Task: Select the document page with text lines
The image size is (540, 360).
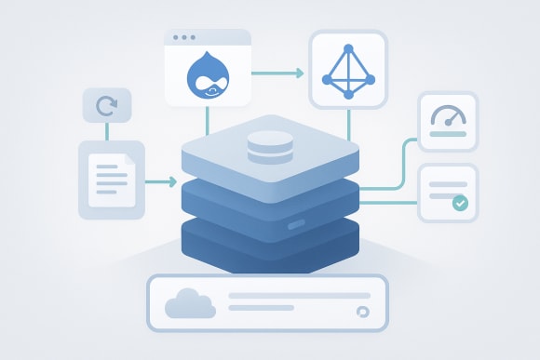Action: (x=111, y=180)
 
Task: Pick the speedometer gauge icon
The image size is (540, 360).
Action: (x=448, y=116)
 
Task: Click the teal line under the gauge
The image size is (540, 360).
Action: (x=448, y=136)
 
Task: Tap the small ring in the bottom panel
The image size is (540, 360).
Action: (x=362, y=312)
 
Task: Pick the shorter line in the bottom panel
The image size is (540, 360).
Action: (x=262, y=308)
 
